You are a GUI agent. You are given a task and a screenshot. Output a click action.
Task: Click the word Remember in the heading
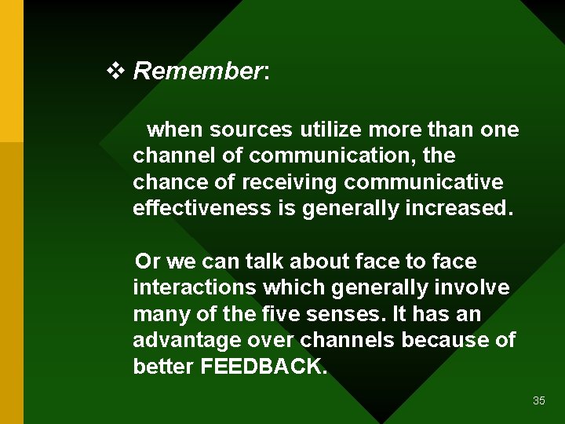[x=198, y=71]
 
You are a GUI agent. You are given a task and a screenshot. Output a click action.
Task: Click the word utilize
[x=327, y=129]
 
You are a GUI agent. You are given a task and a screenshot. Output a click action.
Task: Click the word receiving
[x=289, y=182]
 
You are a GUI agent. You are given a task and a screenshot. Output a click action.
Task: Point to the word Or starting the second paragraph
[x=148, y=261]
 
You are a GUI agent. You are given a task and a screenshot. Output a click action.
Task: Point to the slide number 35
[x=538, y=400]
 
